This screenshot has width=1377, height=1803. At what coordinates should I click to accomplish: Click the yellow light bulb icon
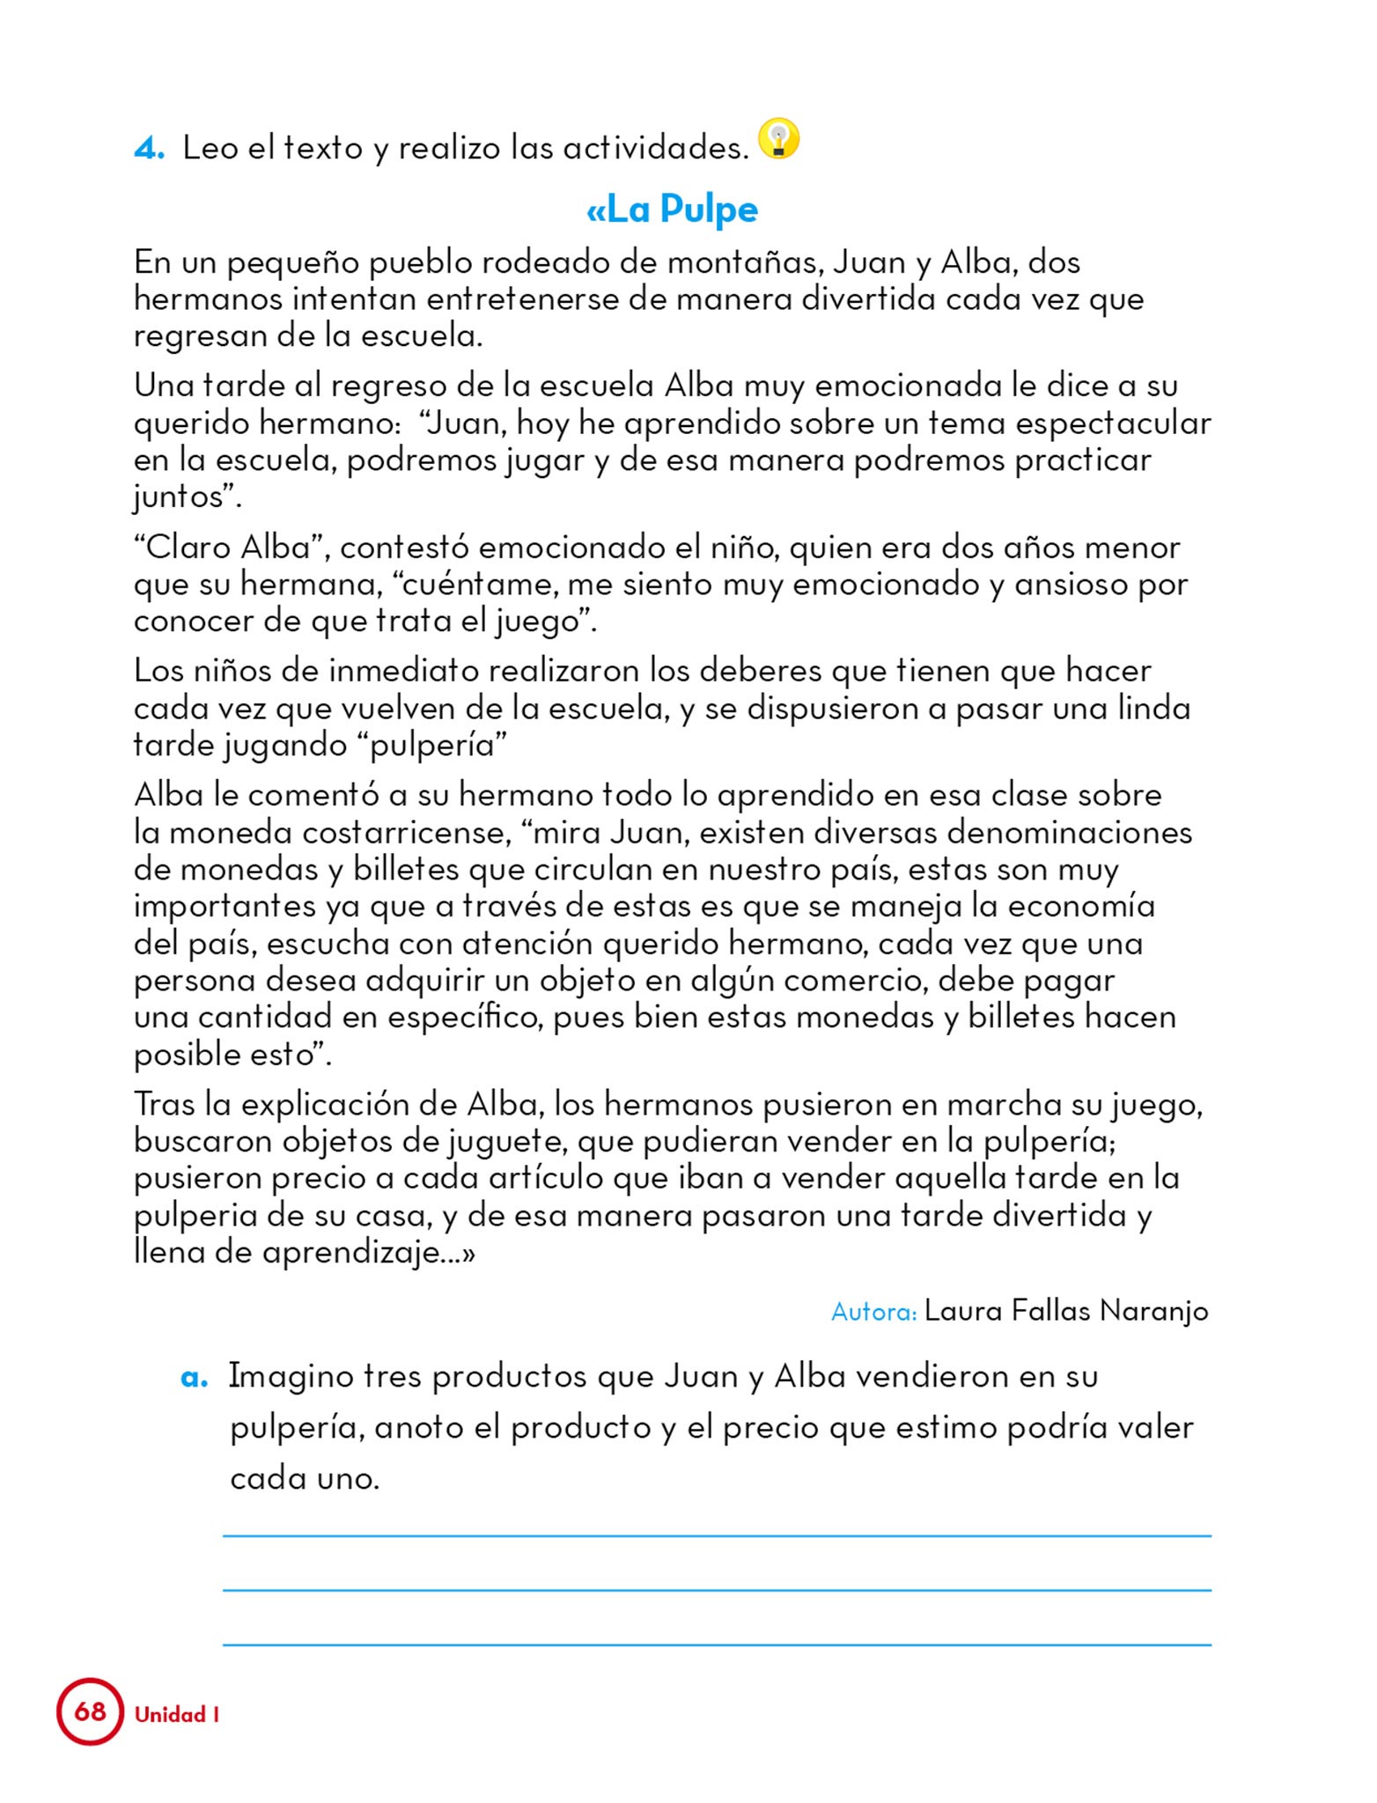(x=778, y=139)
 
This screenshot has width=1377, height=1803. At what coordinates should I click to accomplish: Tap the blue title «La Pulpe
(x=672, y=210)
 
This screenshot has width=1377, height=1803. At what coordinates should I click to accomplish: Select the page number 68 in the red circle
(x=90, y=1711)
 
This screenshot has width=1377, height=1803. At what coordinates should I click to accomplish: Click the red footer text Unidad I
(x=176, y=1715)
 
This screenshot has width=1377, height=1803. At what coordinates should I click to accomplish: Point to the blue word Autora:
(x=874, y=1312)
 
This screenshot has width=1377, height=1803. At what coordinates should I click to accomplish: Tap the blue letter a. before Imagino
(x=194, y=1377)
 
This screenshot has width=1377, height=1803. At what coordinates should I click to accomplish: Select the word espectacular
(x=1113, y=423)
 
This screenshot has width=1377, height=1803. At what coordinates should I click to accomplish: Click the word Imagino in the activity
(x=289, y=1377)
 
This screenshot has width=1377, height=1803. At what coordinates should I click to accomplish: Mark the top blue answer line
(x=717, y=1535)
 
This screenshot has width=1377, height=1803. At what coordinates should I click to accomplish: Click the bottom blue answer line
(x=717, y=1644)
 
